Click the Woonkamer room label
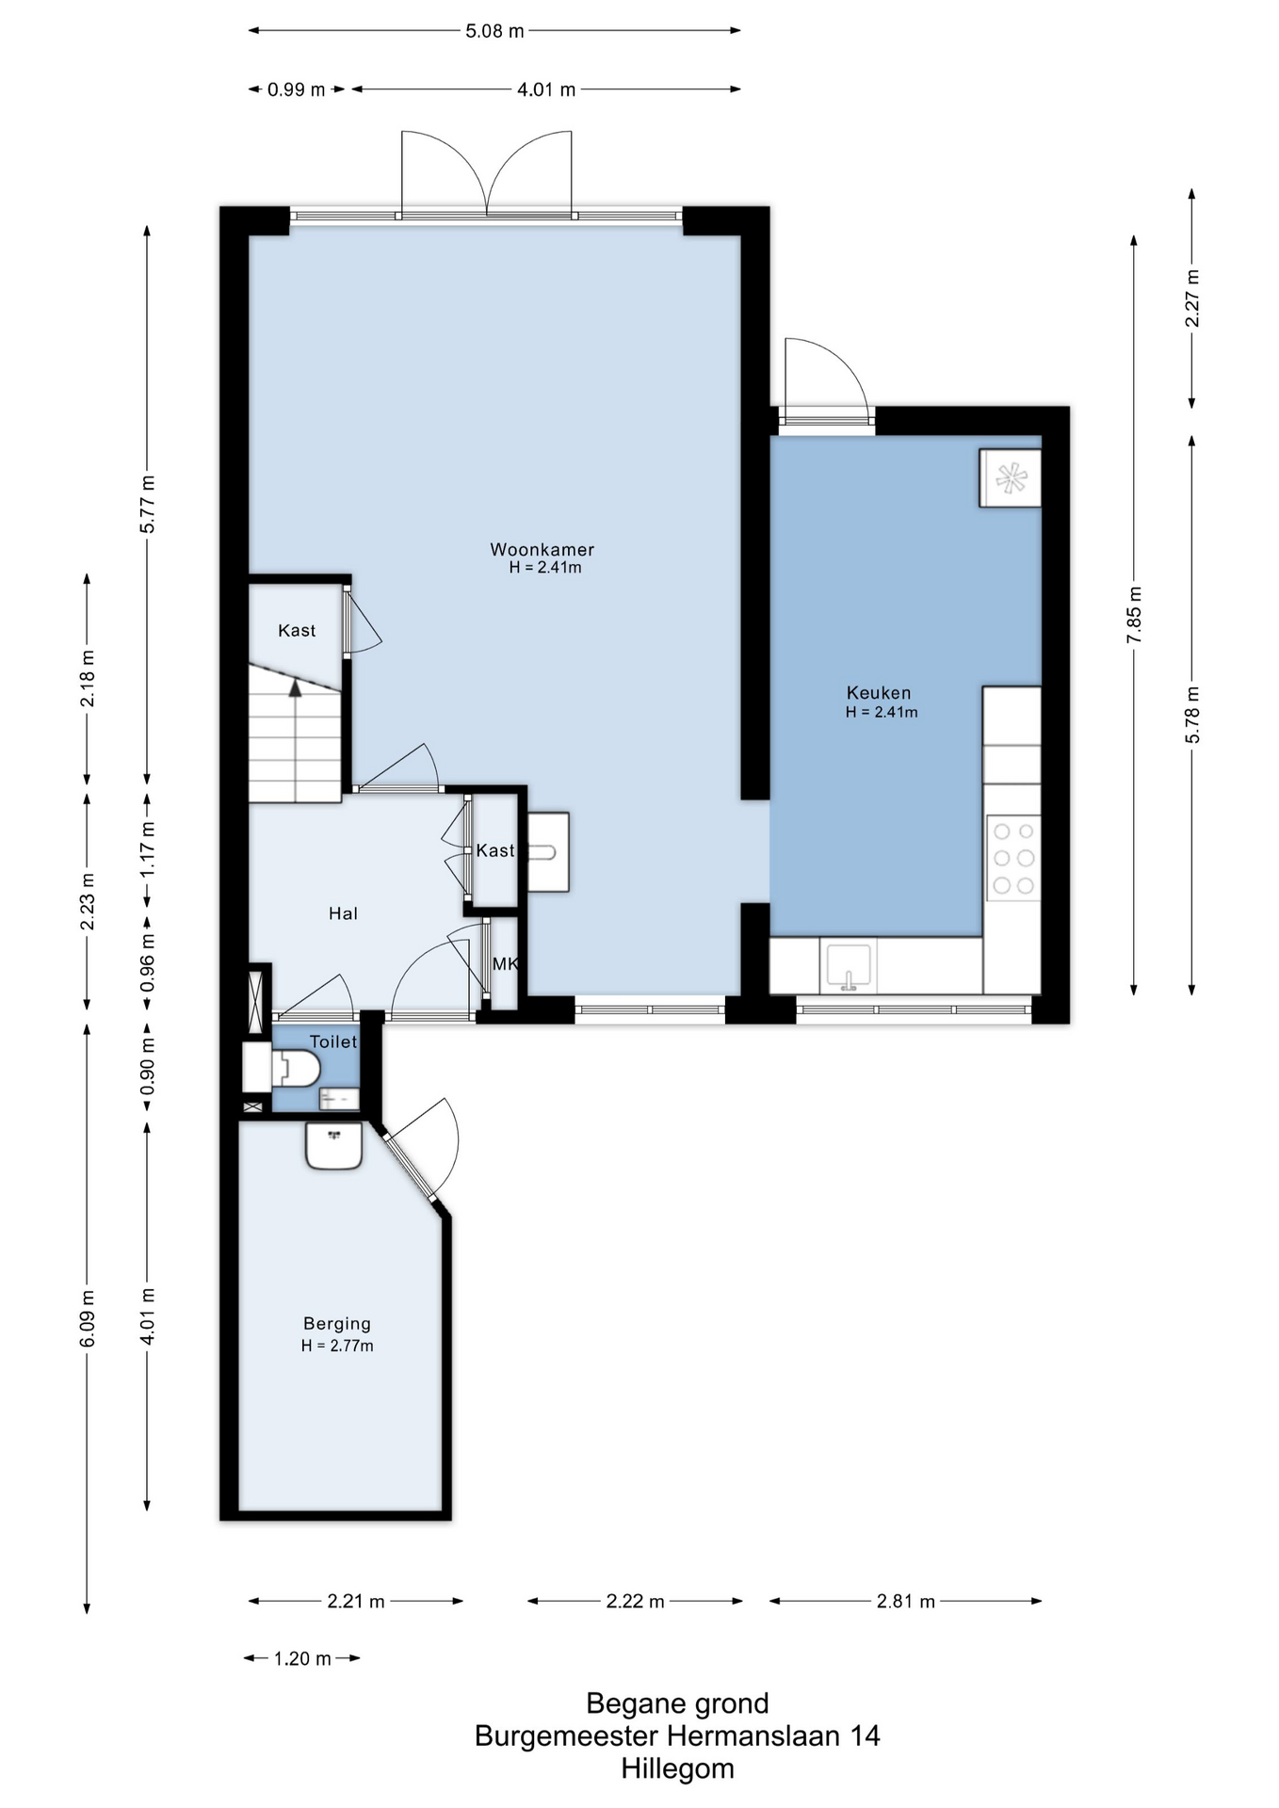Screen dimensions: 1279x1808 click(542, 550)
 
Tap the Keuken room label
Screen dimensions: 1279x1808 click(879, 693)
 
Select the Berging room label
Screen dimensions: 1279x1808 click(337, 1324)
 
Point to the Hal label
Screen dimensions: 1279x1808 click(343, 913)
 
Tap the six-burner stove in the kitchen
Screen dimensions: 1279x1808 click(1013, 858)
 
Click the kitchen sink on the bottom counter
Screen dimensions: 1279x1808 click(848, 965)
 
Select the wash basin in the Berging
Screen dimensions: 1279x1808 click(333, 1145)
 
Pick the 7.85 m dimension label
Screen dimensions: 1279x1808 click(1134, 616)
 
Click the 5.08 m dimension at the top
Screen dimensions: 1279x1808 click(494, 31)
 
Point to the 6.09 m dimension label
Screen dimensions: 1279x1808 click(88, 1316)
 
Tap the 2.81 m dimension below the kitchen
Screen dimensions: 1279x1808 click(906, 1602)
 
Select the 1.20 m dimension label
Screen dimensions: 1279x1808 click(302, 1658)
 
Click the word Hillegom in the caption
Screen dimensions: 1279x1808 click(677, 1768)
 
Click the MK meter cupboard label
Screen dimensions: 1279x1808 click(505, 964)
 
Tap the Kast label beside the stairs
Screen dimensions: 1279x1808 click(297, 631)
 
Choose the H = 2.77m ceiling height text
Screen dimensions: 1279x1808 click(337, 1347)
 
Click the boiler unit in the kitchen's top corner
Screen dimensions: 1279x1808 click(1011, 478)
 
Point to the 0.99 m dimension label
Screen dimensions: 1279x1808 click(296, 90)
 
